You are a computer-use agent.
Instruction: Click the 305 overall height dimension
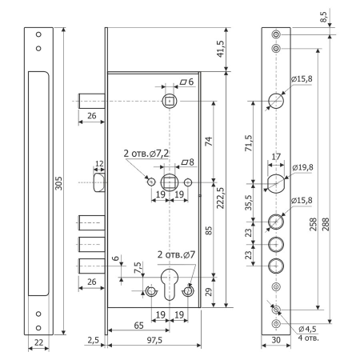56,183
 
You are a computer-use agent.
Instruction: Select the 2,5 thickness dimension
93,341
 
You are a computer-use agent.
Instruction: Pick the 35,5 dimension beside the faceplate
249,201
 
